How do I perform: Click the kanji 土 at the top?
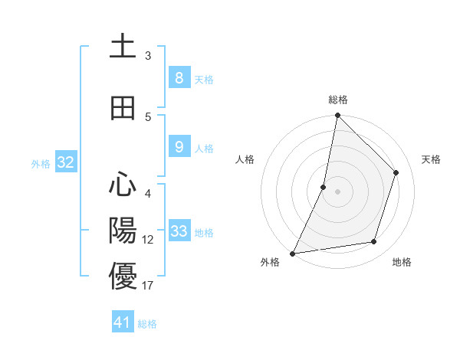[x=123, y=46]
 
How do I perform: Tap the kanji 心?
[x=123, y=185]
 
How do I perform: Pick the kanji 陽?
[x=123, y=231]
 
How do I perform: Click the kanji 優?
[x=123, y=277]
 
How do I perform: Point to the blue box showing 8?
[x=179, y=77]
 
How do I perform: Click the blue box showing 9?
[x=179, y=147]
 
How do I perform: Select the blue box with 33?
[x=179, y=231]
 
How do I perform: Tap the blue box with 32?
[x=64, y=162]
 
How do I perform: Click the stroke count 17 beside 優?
[x=147, y=286]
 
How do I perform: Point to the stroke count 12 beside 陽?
[x=148, y=240]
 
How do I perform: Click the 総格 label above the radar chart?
[x=337, y=100]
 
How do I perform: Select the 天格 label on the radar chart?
[x=431, y=159]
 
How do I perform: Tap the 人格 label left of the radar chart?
[x=245, y=159]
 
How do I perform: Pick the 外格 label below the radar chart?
[x=270, y=262]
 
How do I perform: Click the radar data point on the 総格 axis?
[x=337, y=115]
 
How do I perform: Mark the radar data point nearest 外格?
[x=292, y=253]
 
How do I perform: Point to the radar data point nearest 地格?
[x=374, y=242]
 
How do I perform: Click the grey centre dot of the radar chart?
[x=337, y=191]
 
